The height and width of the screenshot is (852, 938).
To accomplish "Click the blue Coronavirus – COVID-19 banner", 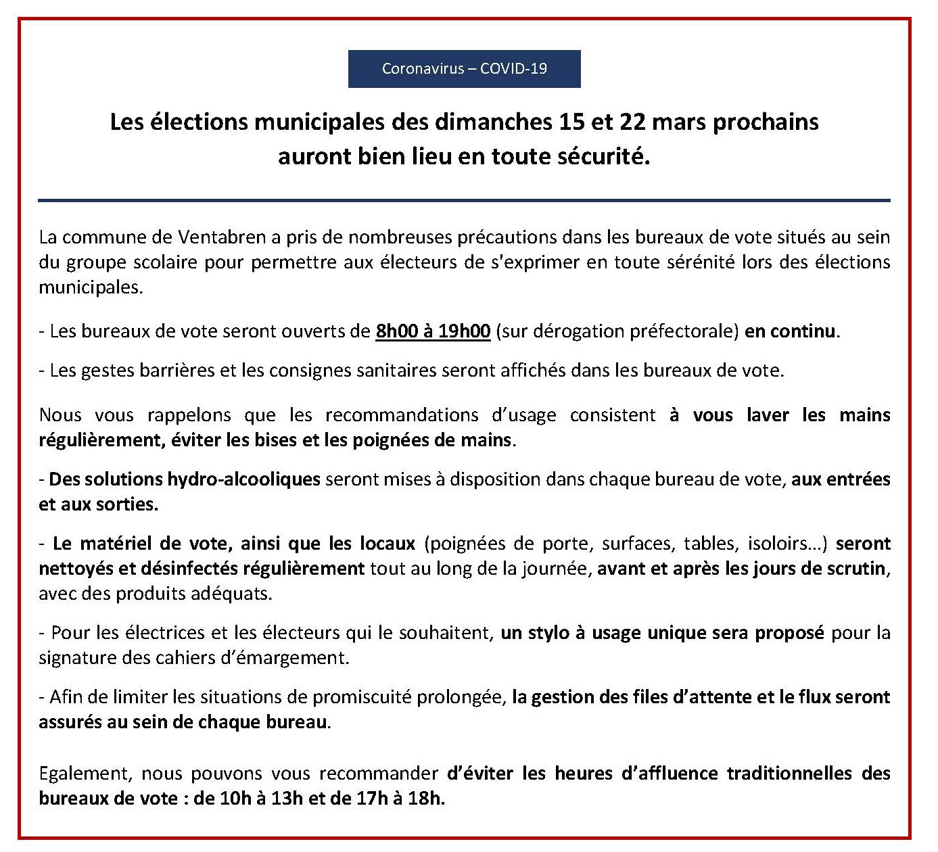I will coord(464,68).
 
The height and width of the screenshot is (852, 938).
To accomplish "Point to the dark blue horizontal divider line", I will coord(464,200).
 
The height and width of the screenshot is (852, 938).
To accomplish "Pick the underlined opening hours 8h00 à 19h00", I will coord(433,332).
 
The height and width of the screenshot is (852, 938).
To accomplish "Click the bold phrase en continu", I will coord(791,332).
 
